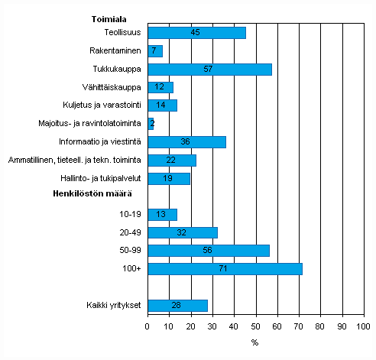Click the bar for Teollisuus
[196, 33]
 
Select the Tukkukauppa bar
[209, 69]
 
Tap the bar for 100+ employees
[225, 269]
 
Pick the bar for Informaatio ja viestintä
[186, 141]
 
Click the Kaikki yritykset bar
[177, 306]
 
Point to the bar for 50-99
[209, 251]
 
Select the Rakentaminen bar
[155, 51]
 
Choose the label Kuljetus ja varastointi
[100, 105]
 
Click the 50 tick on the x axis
[255, 327]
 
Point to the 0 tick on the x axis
[147, 327]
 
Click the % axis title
[254, 342]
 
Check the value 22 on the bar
[171, 160]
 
